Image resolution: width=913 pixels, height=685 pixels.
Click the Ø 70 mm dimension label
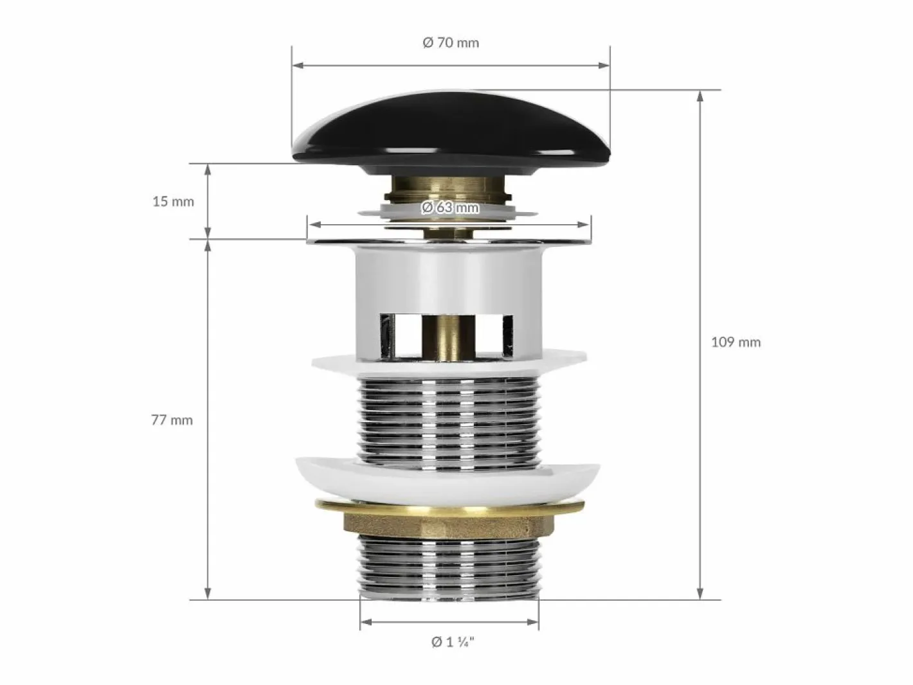(451, 43)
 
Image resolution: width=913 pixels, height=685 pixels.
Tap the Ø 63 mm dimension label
(449, 207)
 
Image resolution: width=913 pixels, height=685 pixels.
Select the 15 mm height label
(173, 202)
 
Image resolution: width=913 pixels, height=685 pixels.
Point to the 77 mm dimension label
(172, 420)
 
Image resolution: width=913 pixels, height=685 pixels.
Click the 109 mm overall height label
(736, 342)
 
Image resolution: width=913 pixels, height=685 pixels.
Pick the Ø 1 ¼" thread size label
(453, 642)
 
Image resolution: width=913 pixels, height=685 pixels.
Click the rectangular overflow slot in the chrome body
(447, 336)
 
